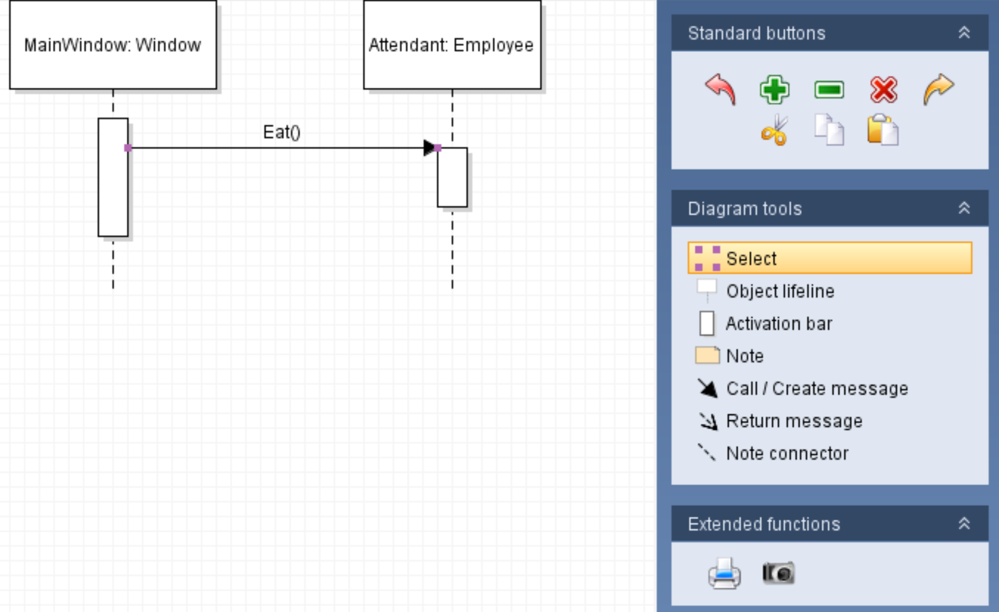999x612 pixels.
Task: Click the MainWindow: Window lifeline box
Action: [x=113, y=45]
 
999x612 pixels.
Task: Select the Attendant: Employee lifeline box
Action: [x=452, y=45]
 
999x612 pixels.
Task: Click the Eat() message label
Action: [x=281, y=132]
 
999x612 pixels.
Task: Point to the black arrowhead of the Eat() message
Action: [x=429, y=148]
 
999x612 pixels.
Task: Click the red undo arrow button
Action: [x=720, y=90]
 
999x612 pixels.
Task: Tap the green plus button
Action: [x=774, y=90]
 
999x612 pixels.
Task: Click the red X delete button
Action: [x=883, y=90]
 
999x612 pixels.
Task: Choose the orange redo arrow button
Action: [x=938, y=90]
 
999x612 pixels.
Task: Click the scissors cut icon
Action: [x=774, y=130]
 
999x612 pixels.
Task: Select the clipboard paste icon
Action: [x=883, y=130]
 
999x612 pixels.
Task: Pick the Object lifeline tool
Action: [x=780, y=291]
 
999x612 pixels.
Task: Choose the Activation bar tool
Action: [x=778, y=324]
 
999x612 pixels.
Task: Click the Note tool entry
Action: [x=745, y=356]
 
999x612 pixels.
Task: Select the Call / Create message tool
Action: [x=817, y=389]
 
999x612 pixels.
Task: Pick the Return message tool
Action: [x=794, y=421]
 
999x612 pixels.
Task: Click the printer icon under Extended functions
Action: [x=724, y=573]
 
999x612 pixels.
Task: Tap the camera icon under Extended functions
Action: [x=778, y=573]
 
